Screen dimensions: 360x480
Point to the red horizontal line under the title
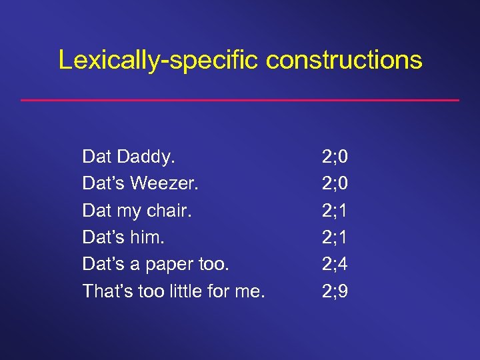click(x=240, y=100)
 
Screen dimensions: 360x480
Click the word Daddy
click(x=145, y=157)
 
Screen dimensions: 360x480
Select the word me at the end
click(x=252, y=291)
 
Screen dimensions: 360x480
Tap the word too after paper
click(x=213, y=264)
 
